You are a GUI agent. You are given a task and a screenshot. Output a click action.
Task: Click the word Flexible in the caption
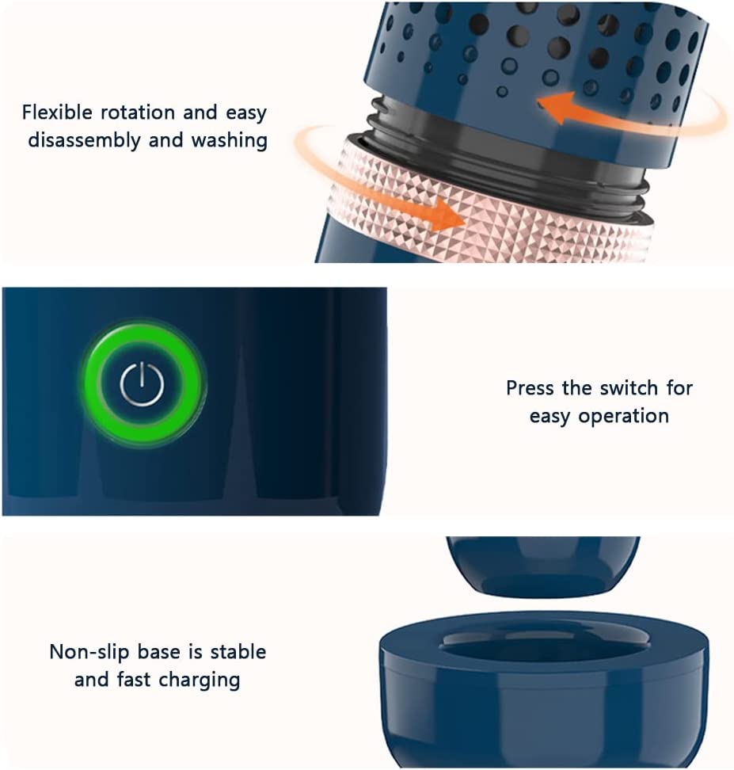point(57,112)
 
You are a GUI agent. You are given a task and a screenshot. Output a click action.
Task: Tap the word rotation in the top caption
point(138,112)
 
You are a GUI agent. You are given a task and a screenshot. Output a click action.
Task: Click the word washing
point(230,140)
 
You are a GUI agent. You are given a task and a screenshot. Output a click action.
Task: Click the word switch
point(629,388)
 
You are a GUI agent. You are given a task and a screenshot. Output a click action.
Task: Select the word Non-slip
point(89,652)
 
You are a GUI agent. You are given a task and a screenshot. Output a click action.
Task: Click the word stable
point(238,652)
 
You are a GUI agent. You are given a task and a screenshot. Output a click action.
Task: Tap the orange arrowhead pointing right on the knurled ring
point(446,215)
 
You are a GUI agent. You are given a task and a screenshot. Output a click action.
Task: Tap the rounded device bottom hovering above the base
point(543,565)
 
